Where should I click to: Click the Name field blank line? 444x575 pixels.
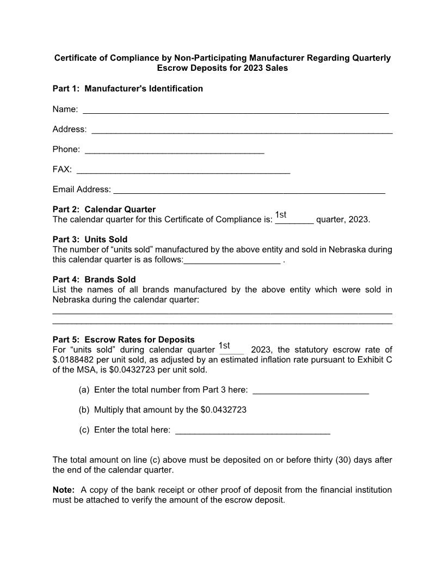coord(235,111)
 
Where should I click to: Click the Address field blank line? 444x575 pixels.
coord(242,131)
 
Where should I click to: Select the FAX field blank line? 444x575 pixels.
coord(183,172)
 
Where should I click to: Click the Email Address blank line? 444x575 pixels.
coord(249,192)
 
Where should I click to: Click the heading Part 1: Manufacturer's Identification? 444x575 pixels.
coord(127,89)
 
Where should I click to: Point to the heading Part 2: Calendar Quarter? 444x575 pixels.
coord(104,210)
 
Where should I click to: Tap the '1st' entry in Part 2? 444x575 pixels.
coord(281,215)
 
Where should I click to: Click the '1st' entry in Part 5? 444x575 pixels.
coord(224,346)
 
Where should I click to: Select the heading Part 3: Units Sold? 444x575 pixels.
coord(90,240)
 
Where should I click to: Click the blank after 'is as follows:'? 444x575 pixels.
coord(232,261)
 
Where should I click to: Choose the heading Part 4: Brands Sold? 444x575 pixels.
coord(94,280)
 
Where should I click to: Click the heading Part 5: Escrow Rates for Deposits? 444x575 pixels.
coord(124,340)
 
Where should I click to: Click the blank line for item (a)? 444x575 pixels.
coord(311,392)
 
